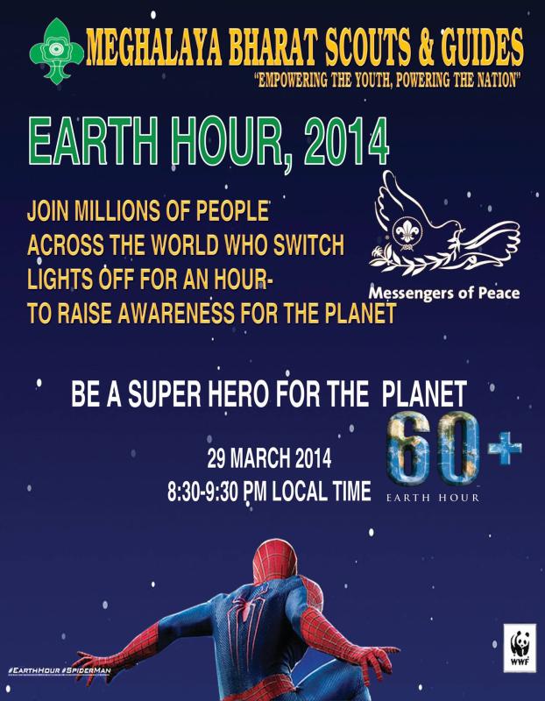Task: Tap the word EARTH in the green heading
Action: pos(83,140)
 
